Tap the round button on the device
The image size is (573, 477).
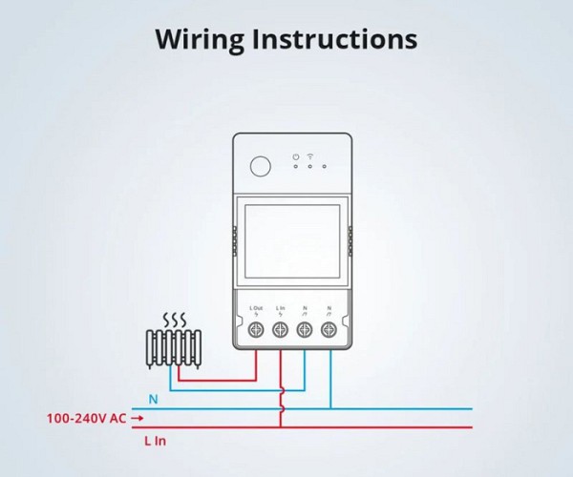tap(261, 166)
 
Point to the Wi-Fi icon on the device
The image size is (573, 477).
tap(310, 155)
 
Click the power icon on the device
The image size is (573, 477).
tap(297, 155)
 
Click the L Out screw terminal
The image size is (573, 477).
tap(257, 330)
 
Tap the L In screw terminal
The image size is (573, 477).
tap(281, 330)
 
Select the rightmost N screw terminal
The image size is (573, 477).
tap(329, 330)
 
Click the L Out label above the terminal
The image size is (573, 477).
tap(256, 308)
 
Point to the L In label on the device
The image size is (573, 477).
tap(281, 308)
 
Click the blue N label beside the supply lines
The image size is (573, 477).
tap(153, 399)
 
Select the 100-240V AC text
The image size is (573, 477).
tap(86, 418)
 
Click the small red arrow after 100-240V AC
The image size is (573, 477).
tap(138, 418)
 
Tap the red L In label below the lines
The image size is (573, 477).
tap(155, 441)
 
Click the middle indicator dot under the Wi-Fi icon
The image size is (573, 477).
tap(310, 166)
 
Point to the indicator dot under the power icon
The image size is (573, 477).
tap(297, 166)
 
